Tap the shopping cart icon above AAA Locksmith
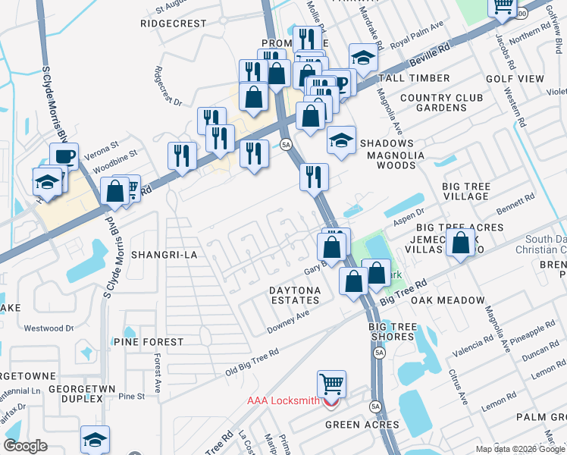point(331,384)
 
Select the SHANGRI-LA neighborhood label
point(164,255)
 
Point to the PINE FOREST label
point(149,342)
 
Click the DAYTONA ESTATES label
point(295,295)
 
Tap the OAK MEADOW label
point(448,300)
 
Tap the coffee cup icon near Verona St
point(64,156)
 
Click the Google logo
point(25,445)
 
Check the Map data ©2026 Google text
point(518,449)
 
